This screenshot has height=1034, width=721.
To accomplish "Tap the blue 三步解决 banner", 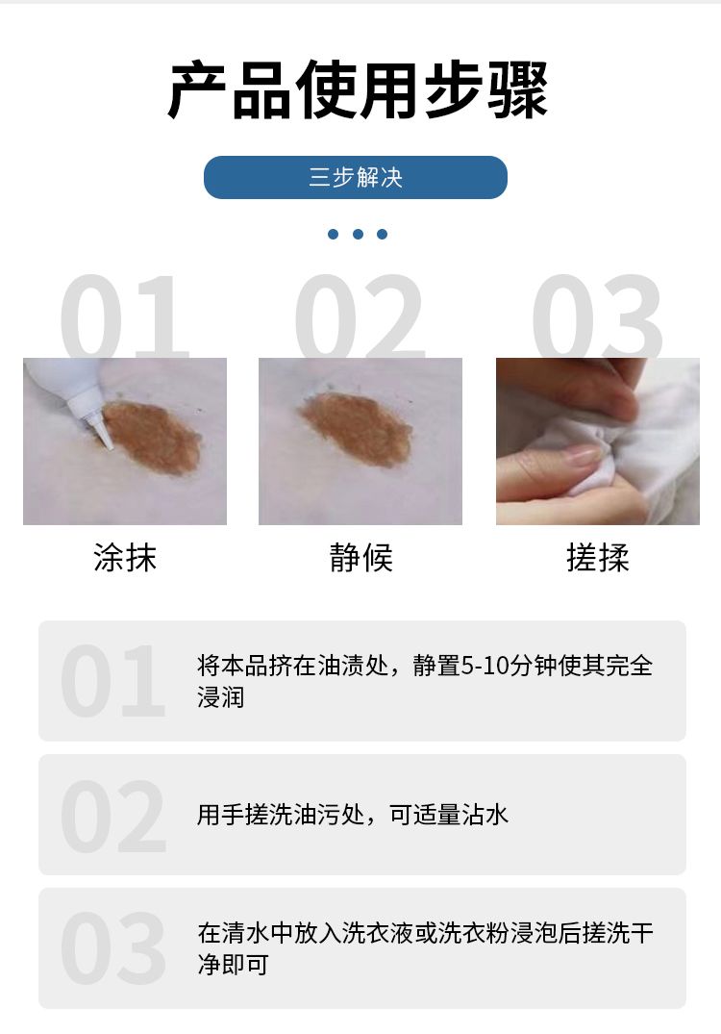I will point(355,178).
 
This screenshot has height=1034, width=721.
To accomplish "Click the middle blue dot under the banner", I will point(358,234).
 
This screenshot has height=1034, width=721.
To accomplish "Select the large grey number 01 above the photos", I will point(124,317).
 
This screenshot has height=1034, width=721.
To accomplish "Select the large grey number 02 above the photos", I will point(359,317).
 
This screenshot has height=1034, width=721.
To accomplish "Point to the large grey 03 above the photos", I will point(597,317).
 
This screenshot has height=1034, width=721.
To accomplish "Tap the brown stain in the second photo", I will point(355,428).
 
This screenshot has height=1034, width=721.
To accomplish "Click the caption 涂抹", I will point(125,558).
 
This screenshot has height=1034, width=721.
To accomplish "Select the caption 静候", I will point(360,558).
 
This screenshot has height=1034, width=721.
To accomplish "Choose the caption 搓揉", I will point(597,558).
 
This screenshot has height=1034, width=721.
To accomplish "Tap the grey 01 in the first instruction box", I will point(112,682).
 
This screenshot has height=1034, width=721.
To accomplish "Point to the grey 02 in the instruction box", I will point(112,816).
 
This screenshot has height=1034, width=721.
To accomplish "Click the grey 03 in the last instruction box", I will point(112,948).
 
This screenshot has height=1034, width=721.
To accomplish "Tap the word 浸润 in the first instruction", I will point(221,697).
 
